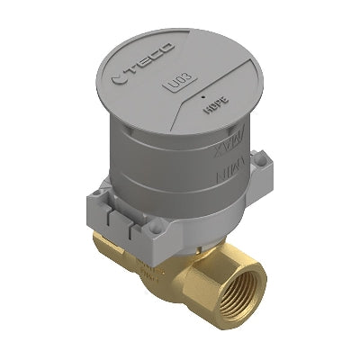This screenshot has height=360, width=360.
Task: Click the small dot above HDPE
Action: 206,94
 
